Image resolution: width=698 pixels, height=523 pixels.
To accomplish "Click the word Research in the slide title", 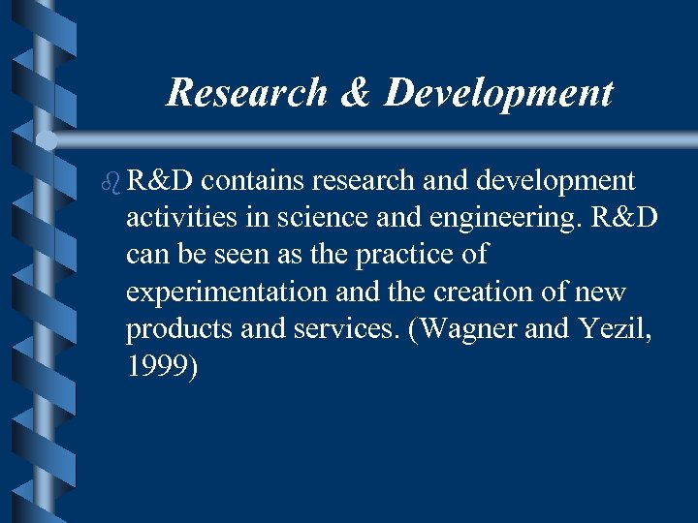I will tap(247, 93).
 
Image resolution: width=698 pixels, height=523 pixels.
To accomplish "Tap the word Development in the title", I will tap(499, 93).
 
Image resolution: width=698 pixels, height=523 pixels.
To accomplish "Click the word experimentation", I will tap(222, 292).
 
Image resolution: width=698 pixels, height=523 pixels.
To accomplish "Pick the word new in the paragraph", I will tap(602, 292).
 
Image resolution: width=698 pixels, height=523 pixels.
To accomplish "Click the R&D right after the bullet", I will tap(161, 181).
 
